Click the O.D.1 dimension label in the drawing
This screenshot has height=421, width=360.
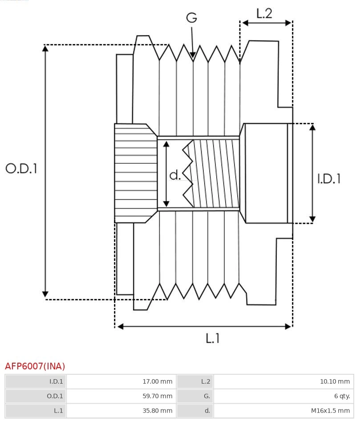pyautogui.click(x=21, y=168)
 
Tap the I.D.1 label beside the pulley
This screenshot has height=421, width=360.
pyautogui.click(x=329, y=178)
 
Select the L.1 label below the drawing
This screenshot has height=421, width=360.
pyautogui.click(x=213, y=338)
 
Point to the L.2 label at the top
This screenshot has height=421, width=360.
pyautogui.click(x=264, y=13)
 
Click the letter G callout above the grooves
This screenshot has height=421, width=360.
pyautogui.click(x=191, y=18)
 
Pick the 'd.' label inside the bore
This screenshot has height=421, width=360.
pyautogui.click(x=175, y=175)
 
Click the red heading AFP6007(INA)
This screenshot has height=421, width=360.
pyautogui.click(x=35, y=366)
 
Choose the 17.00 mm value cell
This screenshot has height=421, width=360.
pyautogui.click(x=157, y=381)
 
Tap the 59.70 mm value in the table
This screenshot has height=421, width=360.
pyautogui.click(x=157, y=396)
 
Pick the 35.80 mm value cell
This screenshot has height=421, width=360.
pyautogui.click(x=157, y=411)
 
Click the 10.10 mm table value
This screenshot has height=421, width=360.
pyautogui.click(x=335, y=381)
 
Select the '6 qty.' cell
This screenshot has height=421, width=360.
pyautogui.click(x=342, y=396)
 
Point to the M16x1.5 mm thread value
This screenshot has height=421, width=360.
pyautogui.click(x=330, y=411)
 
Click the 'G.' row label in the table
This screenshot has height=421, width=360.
pyautogui.click(x=206, y=396)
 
